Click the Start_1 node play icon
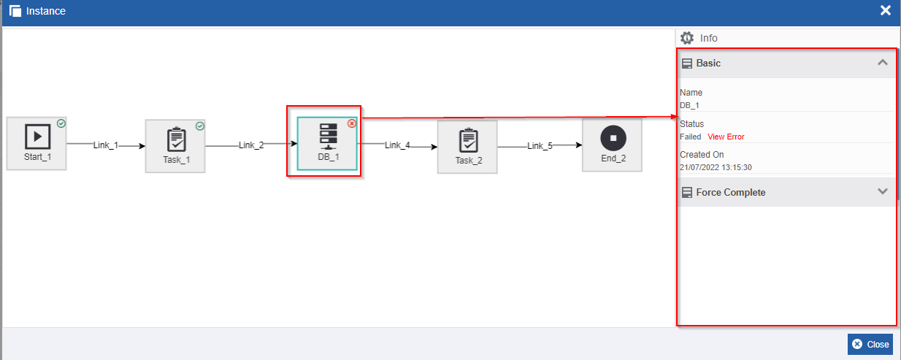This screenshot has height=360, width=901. pyautogui.click(x=37, y=137)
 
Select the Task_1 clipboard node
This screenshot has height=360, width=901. pyautogui.click(x=175, y=146)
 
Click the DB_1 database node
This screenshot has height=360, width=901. pyautogui.click(x=327, y=144)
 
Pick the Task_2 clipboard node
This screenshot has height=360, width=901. pyautogui.click(x=467, y=147)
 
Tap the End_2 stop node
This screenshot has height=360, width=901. pyautogui.click(x=612, y=145)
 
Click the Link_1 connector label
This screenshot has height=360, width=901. pyautogui.click(x=106, y=145)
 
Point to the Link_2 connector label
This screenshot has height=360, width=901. pyautogui.click(x=251, y=145)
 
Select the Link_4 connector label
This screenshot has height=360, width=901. pyautogui.click(x=397, y=145)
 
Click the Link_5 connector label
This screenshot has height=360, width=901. pyautogui.click(x=540, y=145)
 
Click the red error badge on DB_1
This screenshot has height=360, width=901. pyautogui.click(x=352, y=123)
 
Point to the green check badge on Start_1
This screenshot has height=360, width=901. pyautogui.click(x=61, y=123)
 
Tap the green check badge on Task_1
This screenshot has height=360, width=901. pyautogui.click(x=200, y=126)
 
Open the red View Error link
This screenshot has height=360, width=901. pyautogui.click(x=726, y=137)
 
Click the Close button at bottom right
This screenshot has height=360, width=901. pyautogui.click(x=870, y=345)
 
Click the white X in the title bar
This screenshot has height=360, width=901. pyautogui.click(x=886, y=10)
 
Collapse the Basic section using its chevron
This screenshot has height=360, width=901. pyautogui.click(x=883, y=62)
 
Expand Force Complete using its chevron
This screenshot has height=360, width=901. pyautogui.click(x=883, y=191)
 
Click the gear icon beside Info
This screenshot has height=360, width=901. pyautogui.click(x=687, y=38)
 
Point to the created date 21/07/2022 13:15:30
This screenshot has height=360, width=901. pyautogui.click(x=716, y=167)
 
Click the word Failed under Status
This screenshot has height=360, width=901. pyautogui.click(x=690, y=137)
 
